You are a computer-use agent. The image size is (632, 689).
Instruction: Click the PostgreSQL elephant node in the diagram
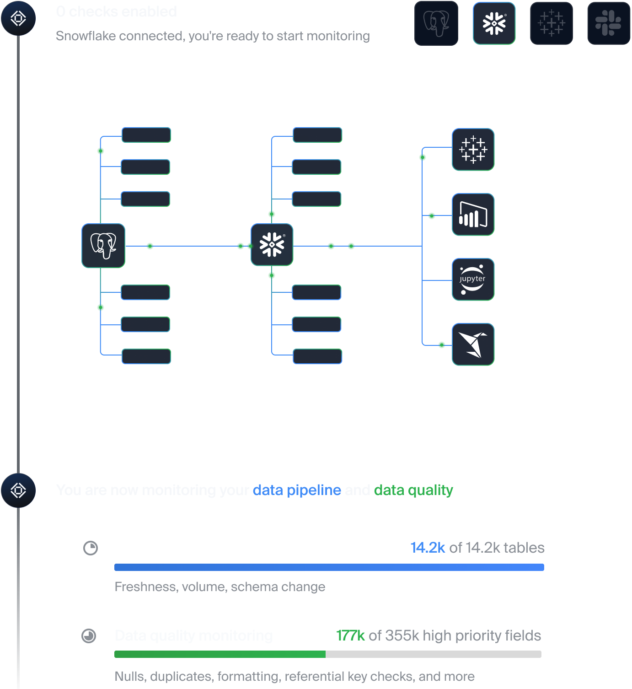click(x=103, y=246)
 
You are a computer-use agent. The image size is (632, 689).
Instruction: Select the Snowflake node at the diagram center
click(x=272, y=245)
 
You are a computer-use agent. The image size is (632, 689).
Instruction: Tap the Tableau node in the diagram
click(x=473, y=150)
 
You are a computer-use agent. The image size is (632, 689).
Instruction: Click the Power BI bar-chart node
click(x=473, y=215)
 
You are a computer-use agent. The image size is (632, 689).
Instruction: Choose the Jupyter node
click(x=473, y=280)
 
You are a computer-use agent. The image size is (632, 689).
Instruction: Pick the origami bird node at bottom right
click(x=473, y=344)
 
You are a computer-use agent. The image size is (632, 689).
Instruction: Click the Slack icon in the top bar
click(x=608, y=23)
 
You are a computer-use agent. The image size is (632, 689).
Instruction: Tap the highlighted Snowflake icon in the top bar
click(x=494, y=23)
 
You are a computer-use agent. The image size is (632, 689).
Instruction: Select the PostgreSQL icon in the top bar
click(x=436, y=23)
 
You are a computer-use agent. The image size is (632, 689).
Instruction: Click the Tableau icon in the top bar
click(x=552, y=23)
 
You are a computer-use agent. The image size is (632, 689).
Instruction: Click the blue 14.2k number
click(x=428, y=548)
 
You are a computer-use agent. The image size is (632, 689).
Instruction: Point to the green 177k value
click(x=350, y=635)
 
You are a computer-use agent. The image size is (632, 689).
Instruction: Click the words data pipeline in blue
click(x=297, y=490)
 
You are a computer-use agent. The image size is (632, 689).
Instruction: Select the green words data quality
click(x=413, y=490)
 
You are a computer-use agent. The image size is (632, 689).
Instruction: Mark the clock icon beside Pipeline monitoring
click(x=91, y=548)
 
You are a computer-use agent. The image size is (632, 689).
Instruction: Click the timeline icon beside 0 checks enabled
click(x=18, y=18)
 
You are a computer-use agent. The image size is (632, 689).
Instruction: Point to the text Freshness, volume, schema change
click(x=220, y=587)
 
